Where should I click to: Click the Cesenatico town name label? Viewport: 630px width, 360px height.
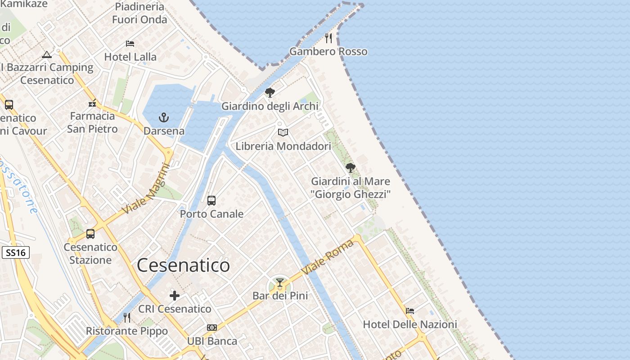point(183,265)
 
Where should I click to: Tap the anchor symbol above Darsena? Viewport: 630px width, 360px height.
point(164,118)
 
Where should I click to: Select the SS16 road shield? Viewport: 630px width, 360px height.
point(16,252)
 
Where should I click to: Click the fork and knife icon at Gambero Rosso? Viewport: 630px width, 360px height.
point(328,38)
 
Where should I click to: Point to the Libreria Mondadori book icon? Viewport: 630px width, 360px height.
point(283,133)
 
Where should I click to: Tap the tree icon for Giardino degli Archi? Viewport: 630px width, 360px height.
point(270,93)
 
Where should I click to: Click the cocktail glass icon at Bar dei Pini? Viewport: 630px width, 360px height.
point(280,283)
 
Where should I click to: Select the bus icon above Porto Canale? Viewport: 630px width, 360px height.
point(211,201)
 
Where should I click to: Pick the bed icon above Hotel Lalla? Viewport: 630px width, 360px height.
point(130,44)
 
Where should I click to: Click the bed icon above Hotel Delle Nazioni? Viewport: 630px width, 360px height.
point(410,311)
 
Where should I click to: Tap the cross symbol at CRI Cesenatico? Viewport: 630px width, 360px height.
point(175,296)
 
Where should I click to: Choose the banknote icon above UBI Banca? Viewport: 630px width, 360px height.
point(212,328)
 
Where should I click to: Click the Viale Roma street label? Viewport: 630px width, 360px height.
point(328,257)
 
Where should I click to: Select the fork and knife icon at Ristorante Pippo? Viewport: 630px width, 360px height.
point(127,318)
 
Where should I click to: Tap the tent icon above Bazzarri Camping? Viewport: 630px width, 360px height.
point(46,55)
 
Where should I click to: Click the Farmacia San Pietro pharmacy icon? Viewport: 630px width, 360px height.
point(93,103)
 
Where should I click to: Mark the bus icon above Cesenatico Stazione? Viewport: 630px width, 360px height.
point(90,234)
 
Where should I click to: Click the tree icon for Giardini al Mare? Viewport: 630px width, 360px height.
point(351,168)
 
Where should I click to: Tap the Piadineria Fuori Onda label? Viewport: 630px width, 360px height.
point(139,13)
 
